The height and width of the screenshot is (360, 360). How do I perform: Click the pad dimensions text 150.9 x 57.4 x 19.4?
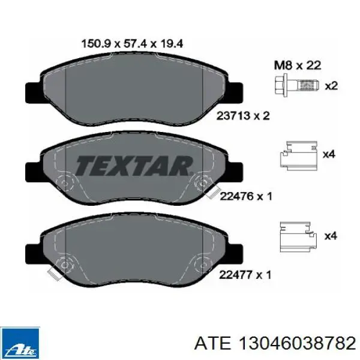point(132,43)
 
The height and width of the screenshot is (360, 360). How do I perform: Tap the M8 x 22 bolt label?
point(298,65)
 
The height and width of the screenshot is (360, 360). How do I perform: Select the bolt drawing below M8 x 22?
point(296,86)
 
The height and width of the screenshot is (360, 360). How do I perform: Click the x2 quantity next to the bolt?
point(331,86)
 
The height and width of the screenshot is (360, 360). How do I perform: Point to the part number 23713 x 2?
point(243,116)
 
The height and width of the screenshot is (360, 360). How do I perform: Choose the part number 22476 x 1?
point(246,196)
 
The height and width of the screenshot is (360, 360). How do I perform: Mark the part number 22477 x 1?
point(245,275)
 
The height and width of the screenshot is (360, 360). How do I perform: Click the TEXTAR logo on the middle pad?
point(134,166)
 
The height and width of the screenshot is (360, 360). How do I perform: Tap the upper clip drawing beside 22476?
point(298,155)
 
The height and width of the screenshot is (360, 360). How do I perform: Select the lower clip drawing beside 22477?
point(298,237)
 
